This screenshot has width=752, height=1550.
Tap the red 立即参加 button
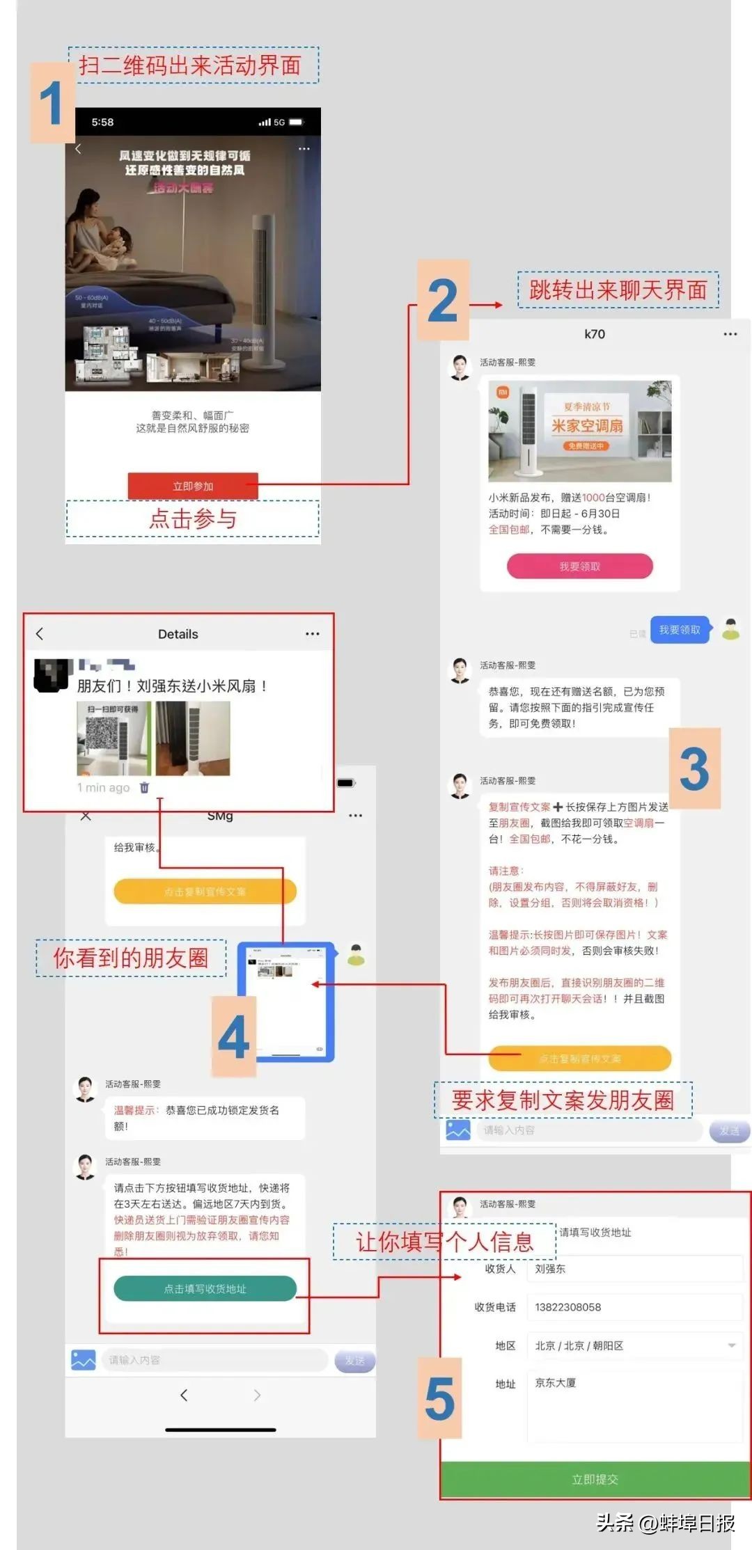tap(193, 486)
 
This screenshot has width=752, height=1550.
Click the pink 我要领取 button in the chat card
tap(579, 567)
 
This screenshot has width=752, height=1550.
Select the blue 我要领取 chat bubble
tap(680, 630)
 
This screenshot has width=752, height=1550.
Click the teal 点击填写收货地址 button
tap(205, 1289)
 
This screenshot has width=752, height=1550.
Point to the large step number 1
tap(52, 103)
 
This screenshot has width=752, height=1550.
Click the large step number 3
tap(694, 769)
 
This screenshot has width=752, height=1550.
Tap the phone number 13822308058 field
tap(634, 1307)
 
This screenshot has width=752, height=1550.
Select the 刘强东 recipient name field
tap(634, 1269)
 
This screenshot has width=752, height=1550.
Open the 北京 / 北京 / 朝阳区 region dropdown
tap(634, 1345)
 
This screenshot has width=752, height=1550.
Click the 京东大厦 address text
tap(556, 1383)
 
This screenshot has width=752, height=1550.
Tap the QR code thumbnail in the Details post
tap(113, 738)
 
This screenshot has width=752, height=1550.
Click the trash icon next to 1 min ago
tap(144, 788)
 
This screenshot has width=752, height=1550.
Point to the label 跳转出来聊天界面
tap(618, 290)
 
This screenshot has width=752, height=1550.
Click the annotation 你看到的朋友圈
tap(131, 958)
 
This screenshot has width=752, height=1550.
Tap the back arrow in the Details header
tap(40, 633)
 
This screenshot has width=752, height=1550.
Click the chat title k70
tap(595, 334)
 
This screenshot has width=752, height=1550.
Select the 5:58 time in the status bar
tap(102, 122)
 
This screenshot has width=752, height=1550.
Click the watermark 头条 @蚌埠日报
tap(665, 1523)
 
